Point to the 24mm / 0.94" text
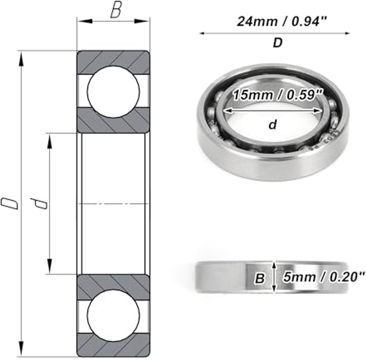282,22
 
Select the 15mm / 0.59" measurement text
278,95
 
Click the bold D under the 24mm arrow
277,43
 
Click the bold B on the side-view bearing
260,278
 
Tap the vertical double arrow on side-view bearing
275,277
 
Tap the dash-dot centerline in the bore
113,203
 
